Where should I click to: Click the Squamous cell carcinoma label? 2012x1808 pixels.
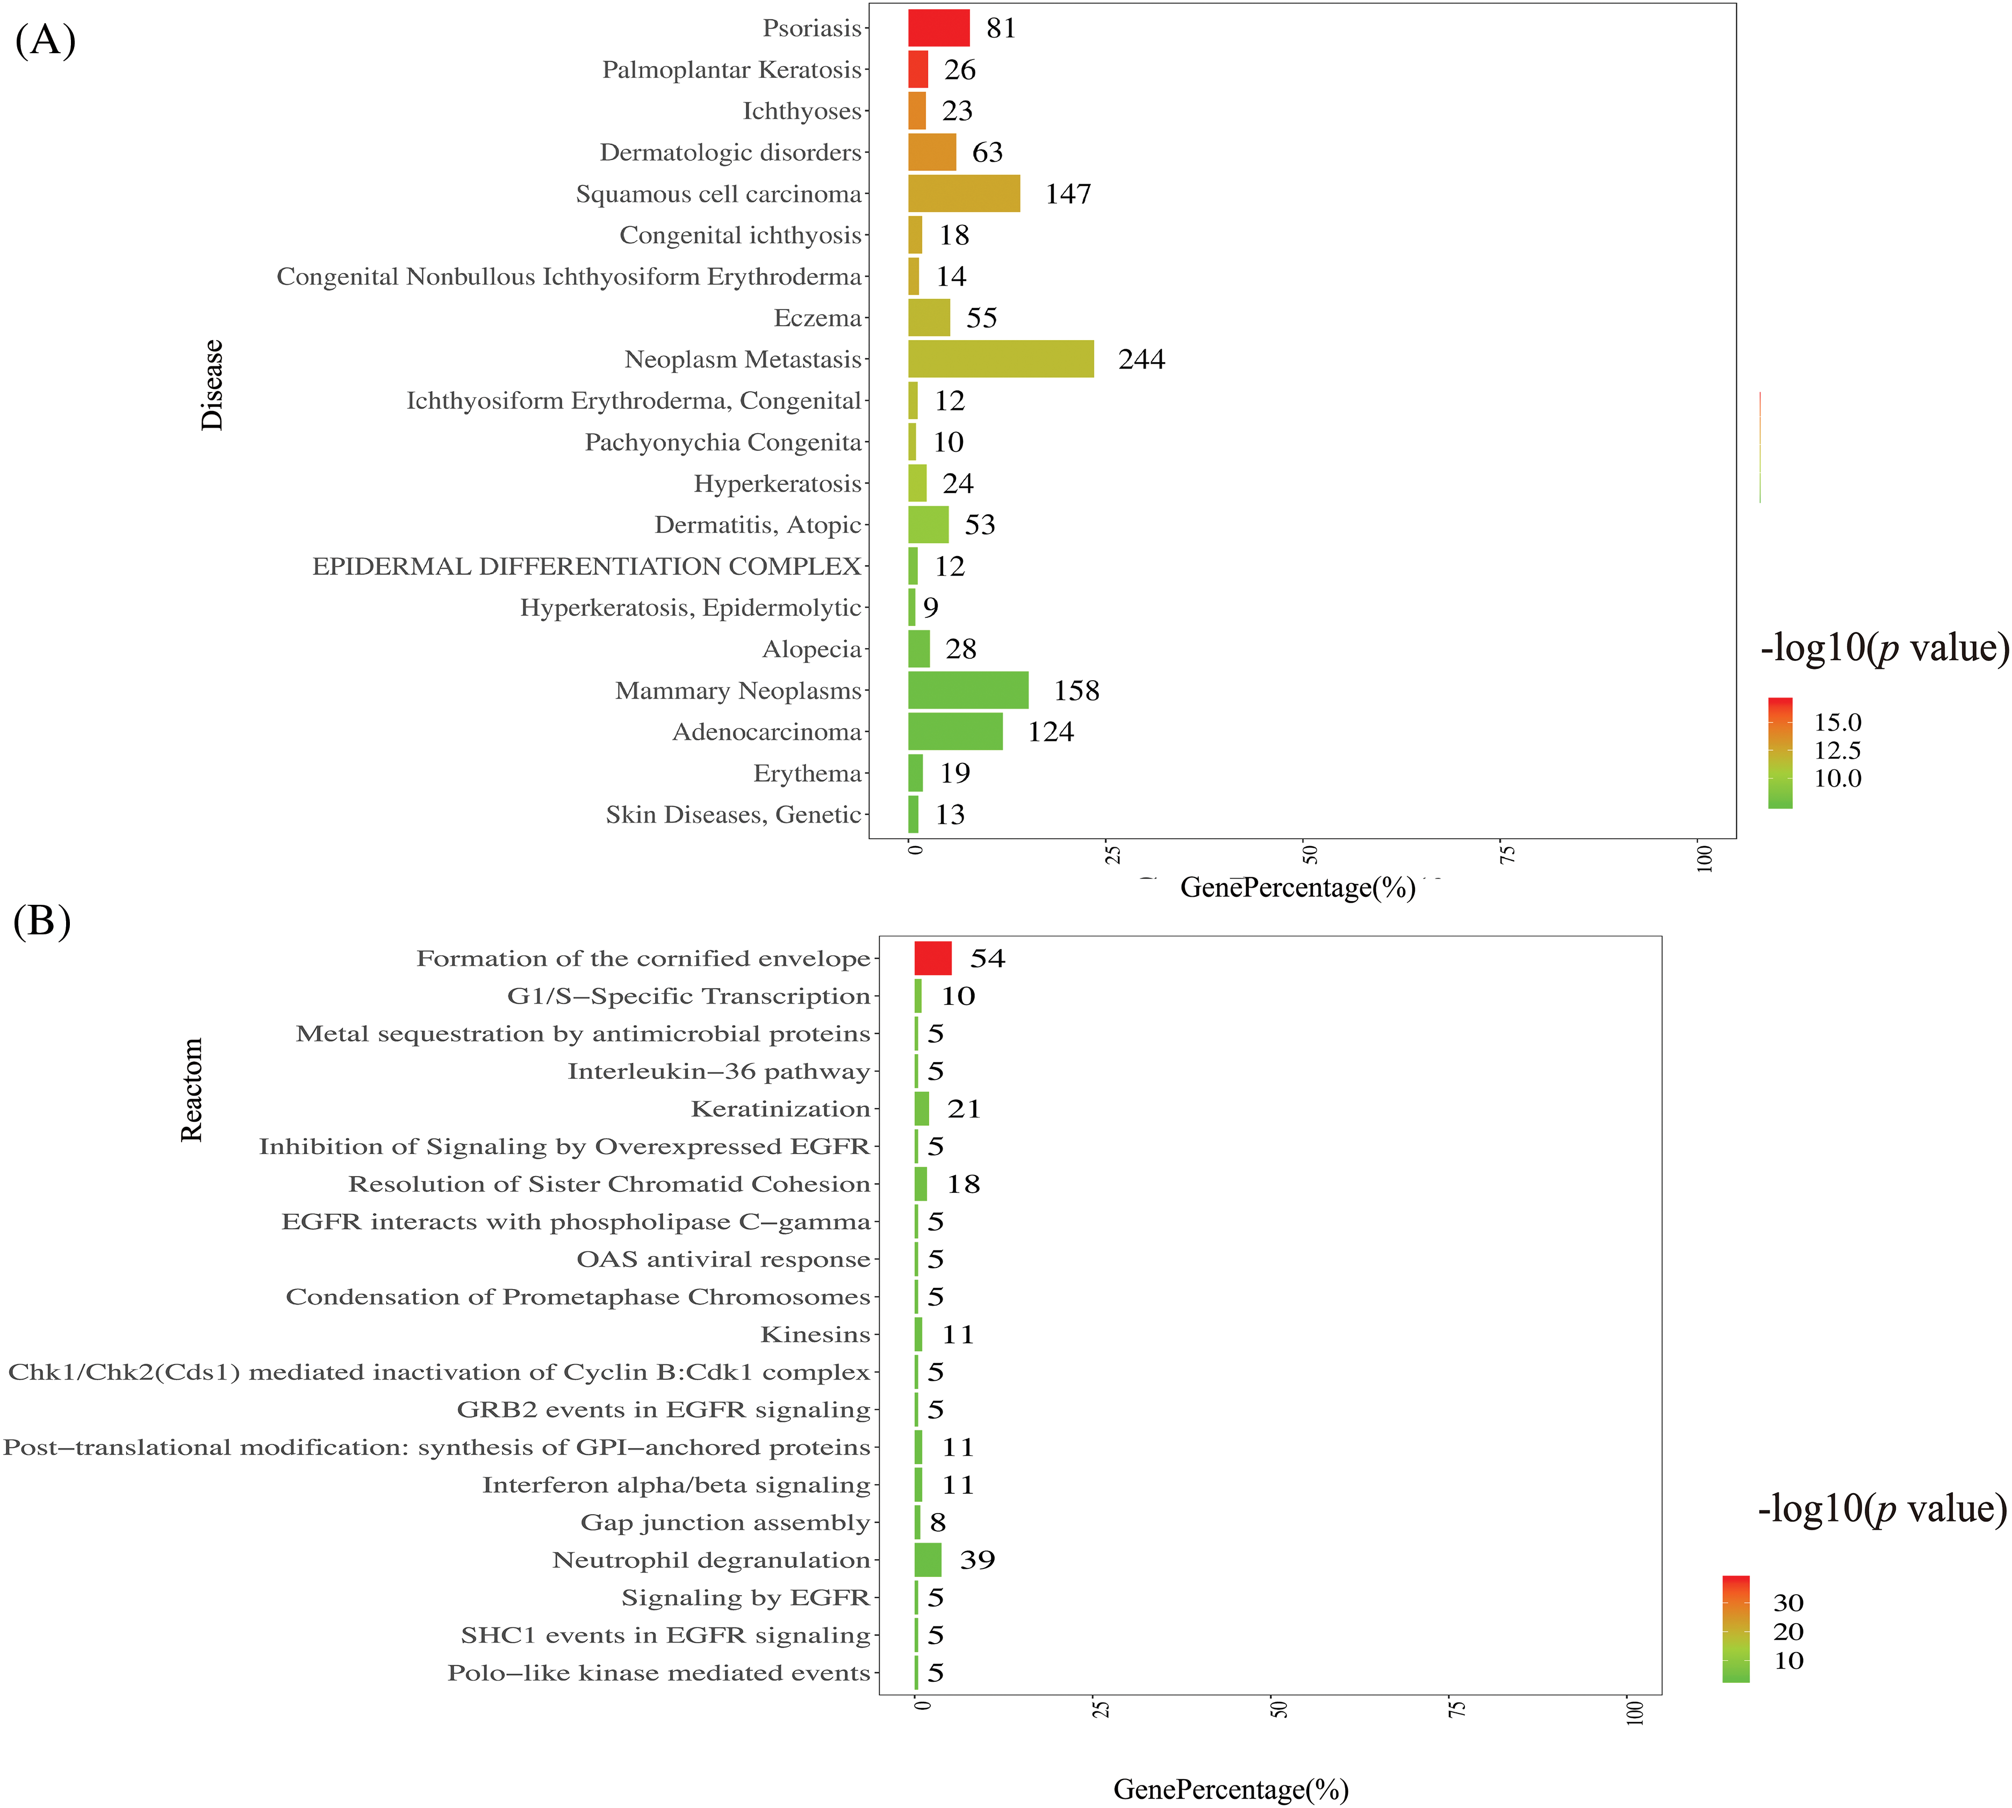718,194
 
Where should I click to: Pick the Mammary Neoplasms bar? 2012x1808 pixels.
968,690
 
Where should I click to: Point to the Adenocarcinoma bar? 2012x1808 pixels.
955,732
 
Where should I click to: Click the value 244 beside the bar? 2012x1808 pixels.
1141,358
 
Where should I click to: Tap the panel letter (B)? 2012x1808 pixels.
42,921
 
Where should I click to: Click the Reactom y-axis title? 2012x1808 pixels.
192,1090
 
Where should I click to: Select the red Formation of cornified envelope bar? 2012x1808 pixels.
932,959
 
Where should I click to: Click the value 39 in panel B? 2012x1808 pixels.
976,1560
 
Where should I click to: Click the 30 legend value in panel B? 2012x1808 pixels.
1787,1602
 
